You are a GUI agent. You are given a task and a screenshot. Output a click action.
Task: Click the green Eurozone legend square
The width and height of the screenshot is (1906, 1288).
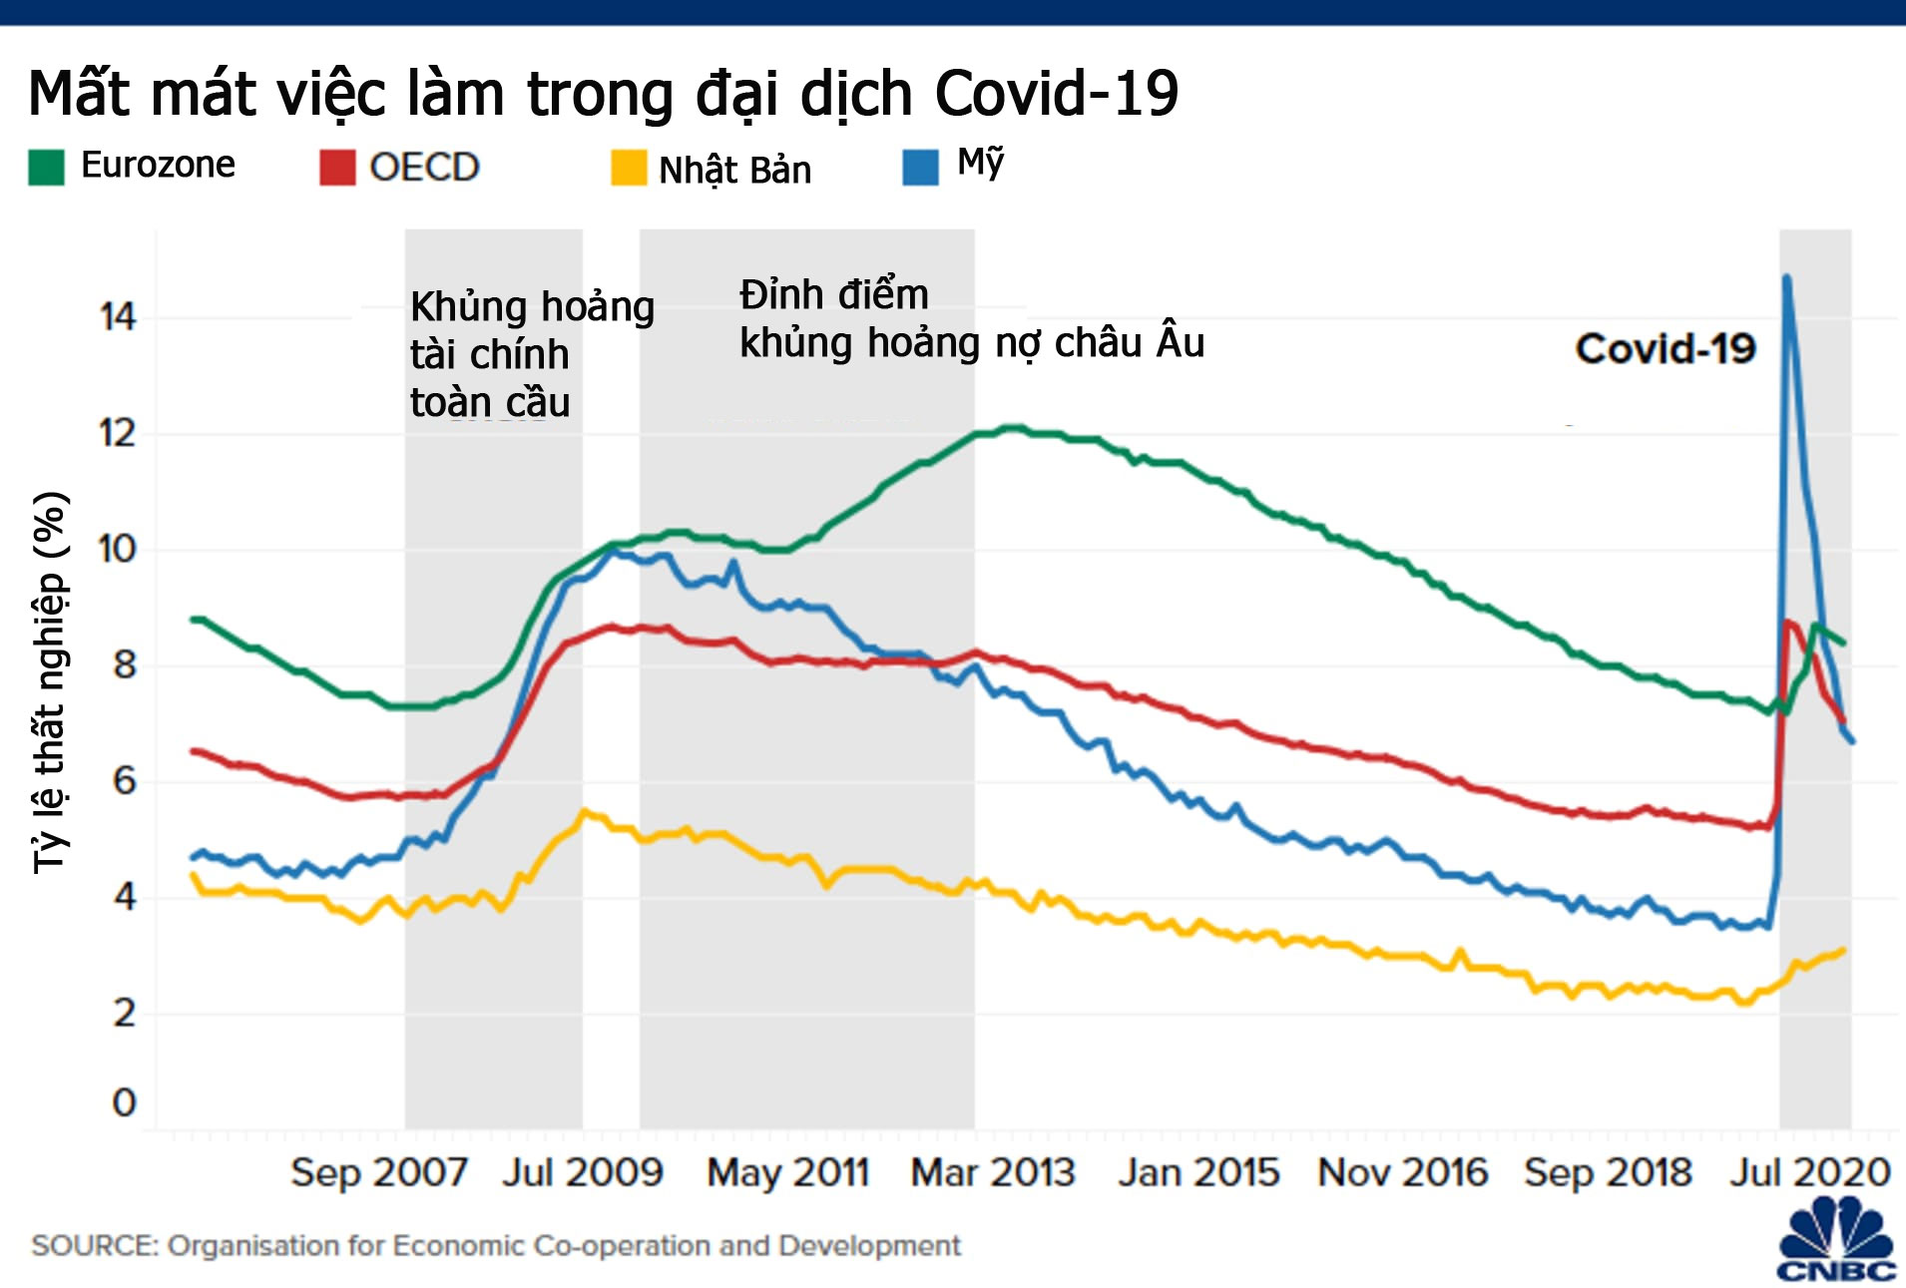pyautogui.click(x=46, y=168)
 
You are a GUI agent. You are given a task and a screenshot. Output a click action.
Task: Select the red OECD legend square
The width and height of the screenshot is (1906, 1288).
pyautogui.click(x=337, y=168)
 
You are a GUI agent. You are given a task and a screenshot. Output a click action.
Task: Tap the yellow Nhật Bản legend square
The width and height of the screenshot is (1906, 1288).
pyautogui.click(x=629, y=168)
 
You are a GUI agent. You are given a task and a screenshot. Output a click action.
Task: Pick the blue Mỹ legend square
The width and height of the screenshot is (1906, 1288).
pyautogui.click(x=920, y=168)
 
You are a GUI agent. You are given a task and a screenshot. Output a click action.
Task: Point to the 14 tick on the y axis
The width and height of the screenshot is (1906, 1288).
pyautogui.click(x=117, y=317)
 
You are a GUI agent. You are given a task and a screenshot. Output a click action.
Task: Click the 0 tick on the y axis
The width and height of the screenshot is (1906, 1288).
pyautogui.click(x=124, y=1103)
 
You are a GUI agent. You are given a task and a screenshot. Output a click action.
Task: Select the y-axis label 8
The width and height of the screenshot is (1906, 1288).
pyautogui.click(x=124, y=664)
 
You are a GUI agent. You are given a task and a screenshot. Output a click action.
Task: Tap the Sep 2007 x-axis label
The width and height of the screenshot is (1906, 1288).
pyautogui.click(x=379, y=1172)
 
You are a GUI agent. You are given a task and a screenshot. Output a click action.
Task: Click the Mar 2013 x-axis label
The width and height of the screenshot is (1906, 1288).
pyautogui.click(x=993, y=1172)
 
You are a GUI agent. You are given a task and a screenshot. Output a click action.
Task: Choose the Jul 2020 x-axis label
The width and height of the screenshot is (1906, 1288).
pyautogui.click(x=1810, y=1172)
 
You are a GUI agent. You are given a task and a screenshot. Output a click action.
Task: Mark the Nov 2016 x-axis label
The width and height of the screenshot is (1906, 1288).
pyautogui.click(x=1402, y=1172)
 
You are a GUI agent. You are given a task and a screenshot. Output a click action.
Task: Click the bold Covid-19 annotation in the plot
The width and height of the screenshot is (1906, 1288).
pyautogui.click(x=1666, y=349)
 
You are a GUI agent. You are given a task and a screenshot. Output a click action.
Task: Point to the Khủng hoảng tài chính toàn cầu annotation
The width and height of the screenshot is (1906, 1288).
pyautogui.click(x=532, y=354)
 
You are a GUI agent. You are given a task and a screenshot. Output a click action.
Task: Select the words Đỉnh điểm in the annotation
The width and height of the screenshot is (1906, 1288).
pyautogui.click(x=834, y=295)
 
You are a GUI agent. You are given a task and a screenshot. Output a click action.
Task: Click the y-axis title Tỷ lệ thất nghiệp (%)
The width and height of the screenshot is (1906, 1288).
pyautogui.click(x=50, y=683)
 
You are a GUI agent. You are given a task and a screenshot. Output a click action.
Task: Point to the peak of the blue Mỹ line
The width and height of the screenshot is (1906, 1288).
pyautogui.click(x=1786, y=277)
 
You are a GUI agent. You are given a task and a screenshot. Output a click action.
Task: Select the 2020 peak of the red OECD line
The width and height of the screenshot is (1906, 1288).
pyautogui.click(x=1787, y=623)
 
